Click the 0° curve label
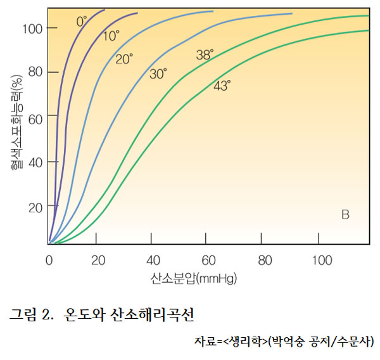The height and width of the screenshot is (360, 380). point(82,22)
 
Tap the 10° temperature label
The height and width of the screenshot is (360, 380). point(111,36)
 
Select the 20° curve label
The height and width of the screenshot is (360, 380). point(124,59)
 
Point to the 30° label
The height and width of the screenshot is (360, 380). point(158,74)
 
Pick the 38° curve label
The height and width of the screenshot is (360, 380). point(205,55)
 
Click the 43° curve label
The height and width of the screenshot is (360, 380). point(222,86)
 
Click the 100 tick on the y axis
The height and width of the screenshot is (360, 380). point(32,28)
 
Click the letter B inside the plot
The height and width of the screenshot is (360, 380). point(345,214)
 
